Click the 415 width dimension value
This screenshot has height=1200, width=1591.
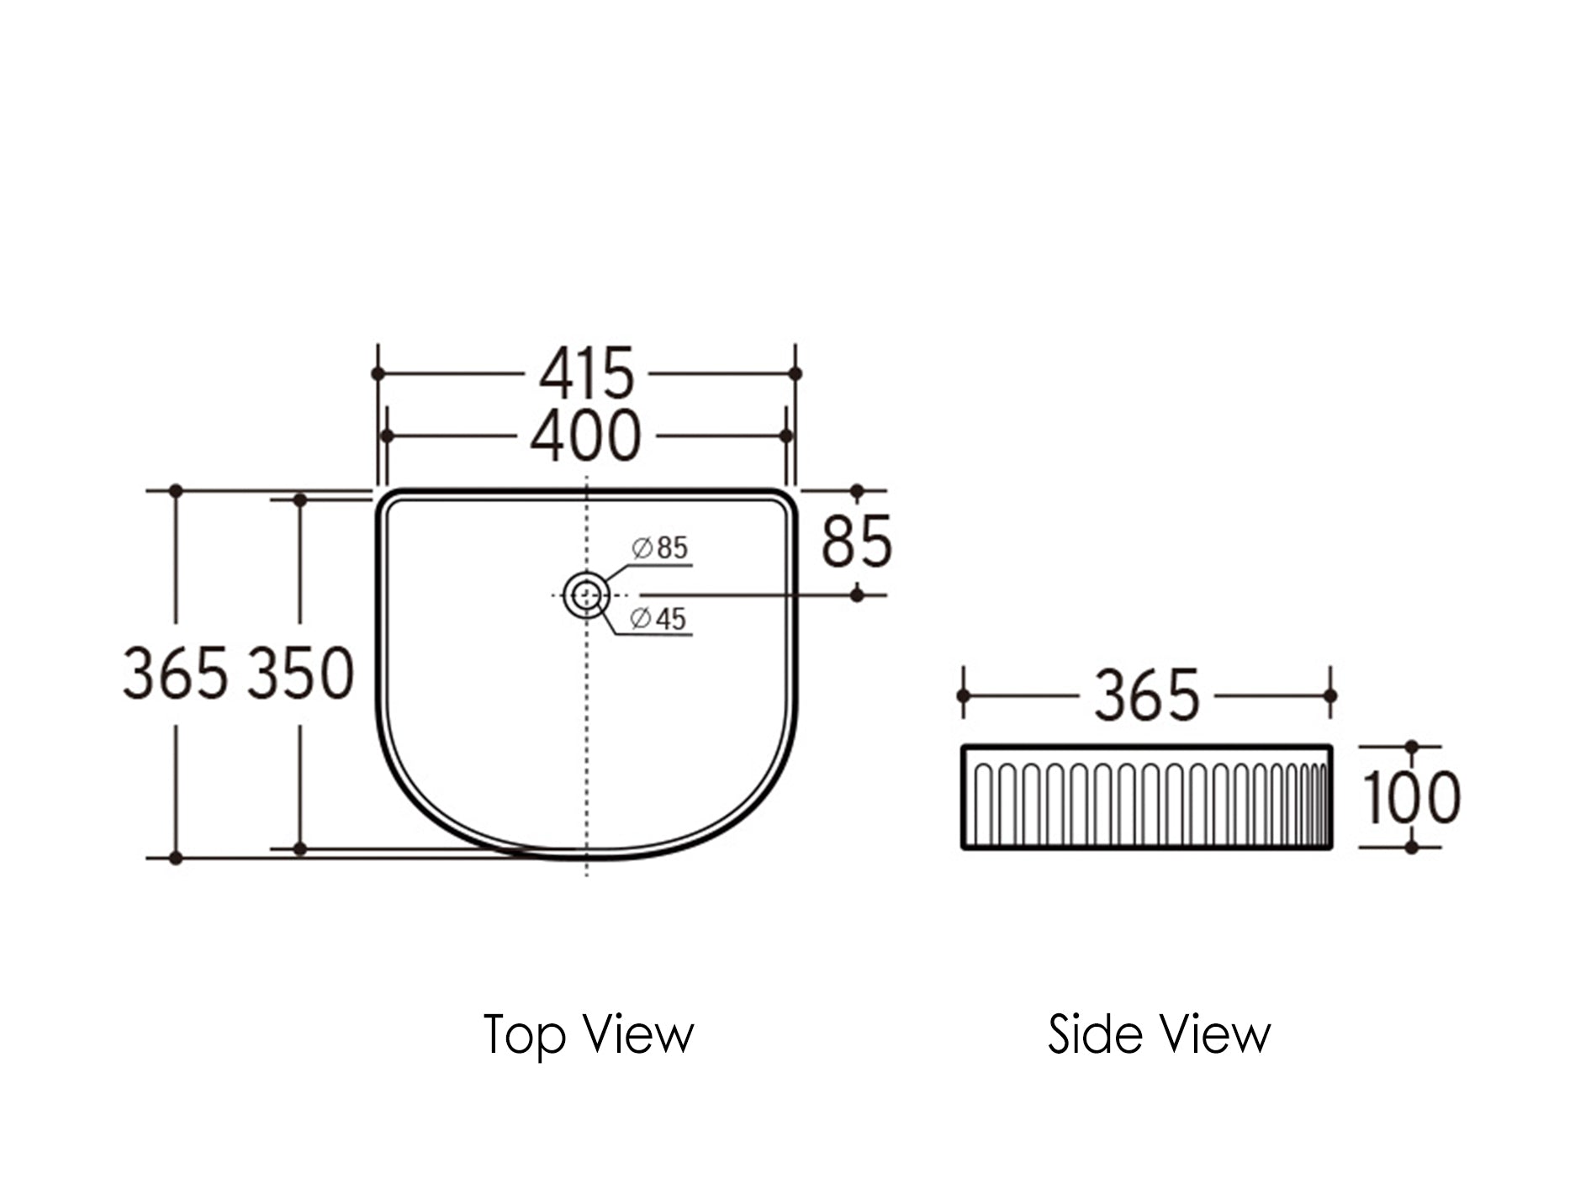[x=586, y=373]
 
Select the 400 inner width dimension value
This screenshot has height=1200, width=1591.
[x=586, y=436]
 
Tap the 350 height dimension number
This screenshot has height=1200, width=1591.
[x=301, y=674]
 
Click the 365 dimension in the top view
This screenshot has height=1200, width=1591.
[x=175, y=674]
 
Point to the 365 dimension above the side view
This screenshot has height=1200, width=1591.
[x=1146, y=695]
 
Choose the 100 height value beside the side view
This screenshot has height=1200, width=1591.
[x=1411, y=796]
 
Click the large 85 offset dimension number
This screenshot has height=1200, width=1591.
[x=856, y=542]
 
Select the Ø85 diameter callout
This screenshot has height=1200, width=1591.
[x=660, y=547]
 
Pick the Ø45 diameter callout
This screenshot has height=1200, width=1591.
[x=658, y=619]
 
